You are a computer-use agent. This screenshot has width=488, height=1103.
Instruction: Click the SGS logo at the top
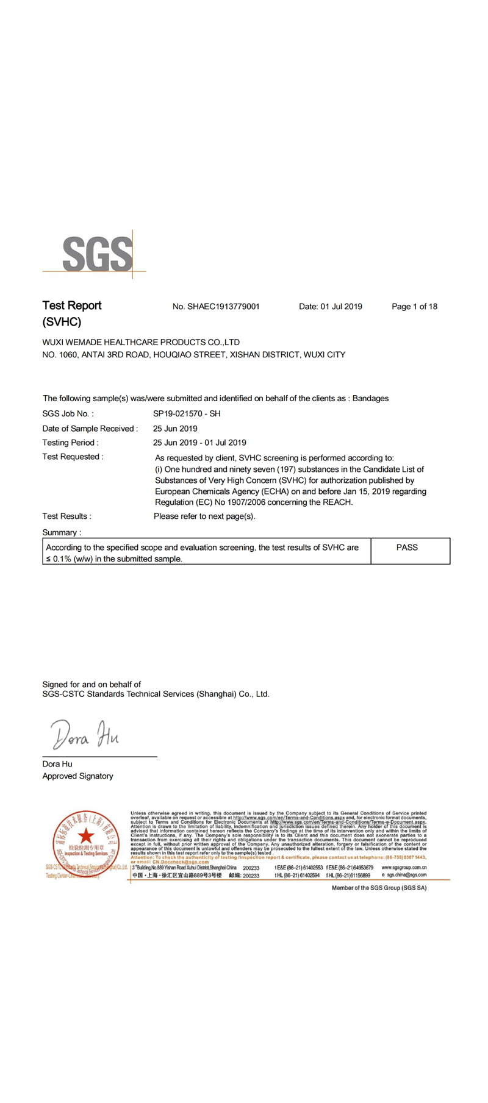[97, 254]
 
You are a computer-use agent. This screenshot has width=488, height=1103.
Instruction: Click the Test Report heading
[72, 305]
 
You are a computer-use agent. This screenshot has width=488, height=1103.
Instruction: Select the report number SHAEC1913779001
[223, 307]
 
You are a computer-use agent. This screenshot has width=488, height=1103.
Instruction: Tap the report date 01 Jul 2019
[341, 307]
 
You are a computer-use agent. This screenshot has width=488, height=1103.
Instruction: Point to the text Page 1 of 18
[414, 307]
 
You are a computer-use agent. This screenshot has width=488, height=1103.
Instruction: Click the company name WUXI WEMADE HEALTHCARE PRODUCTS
[141, 342]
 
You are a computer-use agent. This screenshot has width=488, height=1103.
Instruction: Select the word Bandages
[370, 398]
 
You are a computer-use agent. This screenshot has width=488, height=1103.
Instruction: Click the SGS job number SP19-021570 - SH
[187, 413]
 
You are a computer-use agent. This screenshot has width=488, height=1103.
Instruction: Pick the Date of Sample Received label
[90, 429]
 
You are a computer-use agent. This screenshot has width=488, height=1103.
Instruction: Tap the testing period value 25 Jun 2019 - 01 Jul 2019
[199, 443]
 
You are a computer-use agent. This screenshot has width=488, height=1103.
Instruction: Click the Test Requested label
[73, 457]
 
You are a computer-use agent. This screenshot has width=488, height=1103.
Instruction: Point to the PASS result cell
[407, 548]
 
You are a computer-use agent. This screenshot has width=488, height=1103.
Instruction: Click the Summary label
[60, 532]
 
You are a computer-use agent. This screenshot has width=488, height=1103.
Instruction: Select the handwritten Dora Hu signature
[85, 735]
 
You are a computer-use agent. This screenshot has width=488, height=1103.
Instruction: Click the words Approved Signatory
[77, 776]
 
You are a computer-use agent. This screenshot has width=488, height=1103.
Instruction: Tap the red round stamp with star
[86, 844]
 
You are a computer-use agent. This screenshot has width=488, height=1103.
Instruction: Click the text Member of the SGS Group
[379, 888]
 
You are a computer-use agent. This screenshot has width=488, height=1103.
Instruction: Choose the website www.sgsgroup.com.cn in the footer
[404, 867]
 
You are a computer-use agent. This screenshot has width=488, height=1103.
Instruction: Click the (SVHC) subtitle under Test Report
[62, 322]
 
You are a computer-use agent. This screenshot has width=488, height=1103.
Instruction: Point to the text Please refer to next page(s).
[204, 516]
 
